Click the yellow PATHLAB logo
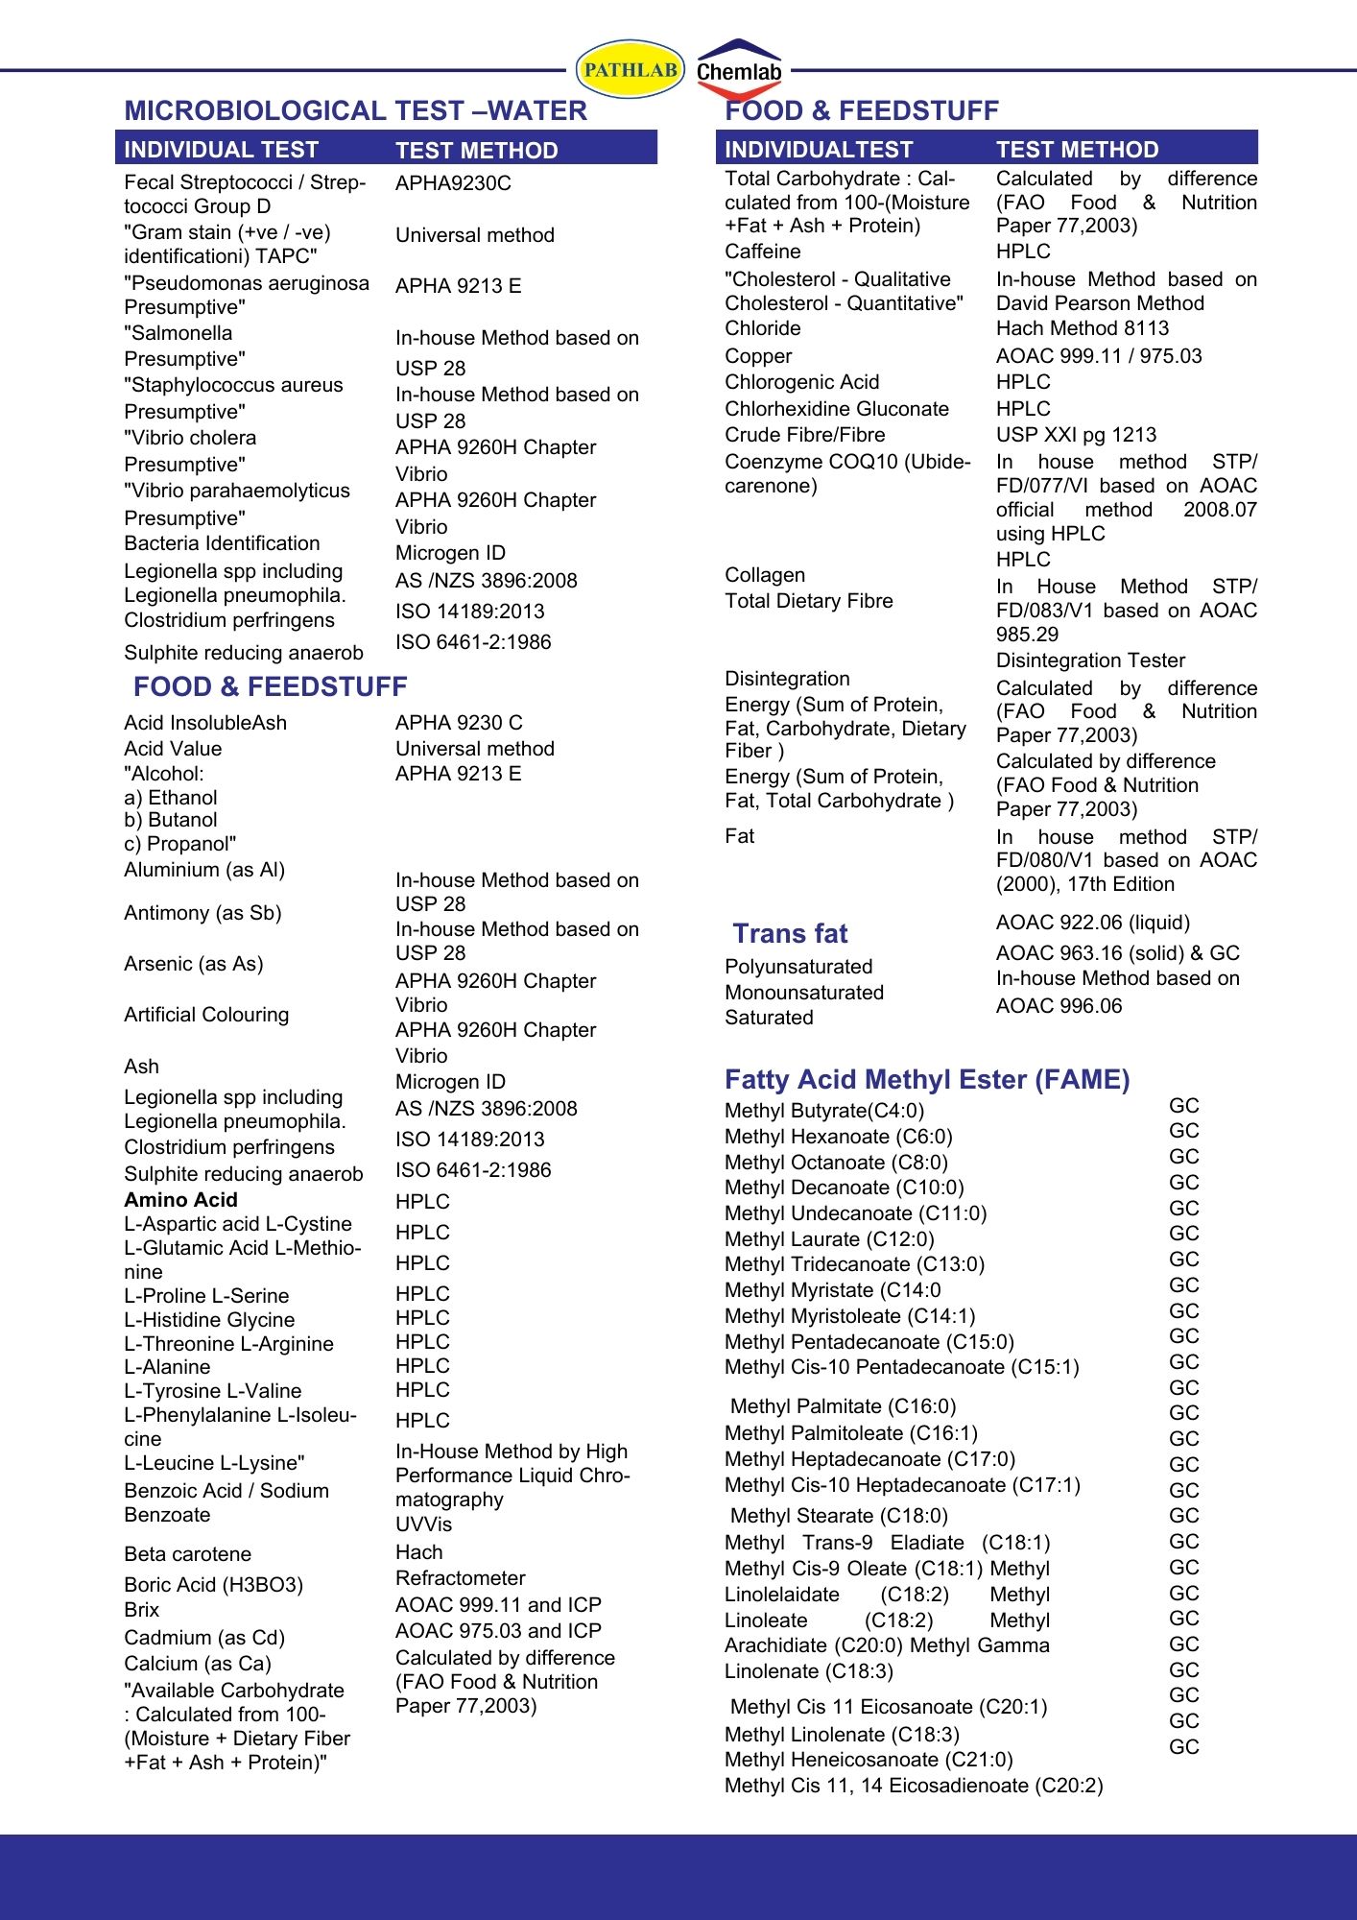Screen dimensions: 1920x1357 (x=630, y=69)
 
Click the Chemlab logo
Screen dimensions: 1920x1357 (x=739, y=70)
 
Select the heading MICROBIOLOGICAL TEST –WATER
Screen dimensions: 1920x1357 (x=355, y=111)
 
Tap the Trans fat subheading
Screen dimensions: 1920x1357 (x=790, y=933)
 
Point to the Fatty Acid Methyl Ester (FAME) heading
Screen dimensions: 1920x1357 (x=927, y=1080)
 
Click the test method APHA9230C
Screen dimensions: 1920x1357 (x=453, y=183)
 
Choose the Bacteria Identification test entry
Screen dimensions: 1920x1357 (x=222, y=543)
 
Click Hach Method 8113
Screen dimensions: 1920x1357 (x=1083, y=328)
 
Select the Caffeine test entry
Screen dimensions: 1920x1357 (x=762, y=252)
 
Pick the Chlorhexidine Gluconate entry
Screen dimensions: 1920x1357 (x=836, y=409)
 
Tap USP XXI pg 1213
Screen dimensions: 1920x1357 (x=1076, y=435)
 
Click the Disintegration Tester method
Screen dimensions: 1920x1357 (x=1090, y=660)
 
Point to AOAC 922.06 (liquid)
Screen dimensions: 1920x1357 (x=1092, y=923)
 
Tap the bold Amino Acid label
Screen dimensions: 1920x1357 (x=180, y=1200)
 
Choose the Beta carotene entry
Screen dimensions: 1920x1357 (x=187, y=1554)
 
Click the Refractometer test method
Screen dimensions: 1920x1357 (x=460, y=1578)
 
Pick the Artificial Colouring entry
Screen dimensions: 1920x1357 (x=206, y=1015)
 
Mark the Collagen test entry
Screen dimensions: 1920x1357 (x=765, y=575)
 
